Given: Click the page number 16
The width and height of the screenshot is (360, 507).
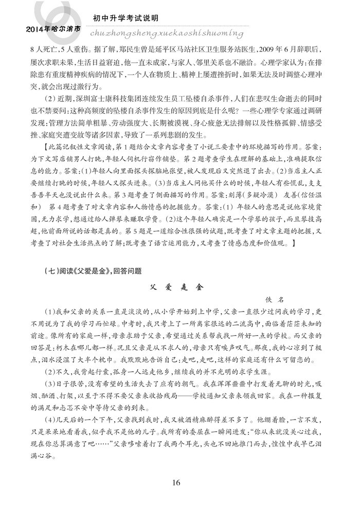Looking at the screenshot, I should point(177,482).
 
